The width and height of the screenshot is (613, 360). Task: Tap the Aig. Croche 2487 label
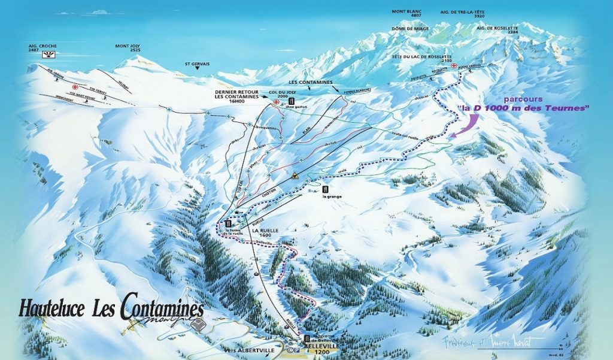(42, 49)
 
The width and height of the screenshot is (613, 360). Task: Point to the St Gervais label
(195, 62)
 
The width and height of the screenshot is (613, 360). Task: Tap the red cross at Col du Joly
(276, 102)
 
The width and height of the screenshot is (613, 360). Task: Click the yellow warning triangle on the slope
(295, 177)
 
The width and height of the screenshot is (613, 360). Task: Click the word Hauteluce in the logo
(53, 308)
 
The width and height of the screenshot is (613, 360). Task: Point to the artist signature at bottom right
(488, 341)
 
